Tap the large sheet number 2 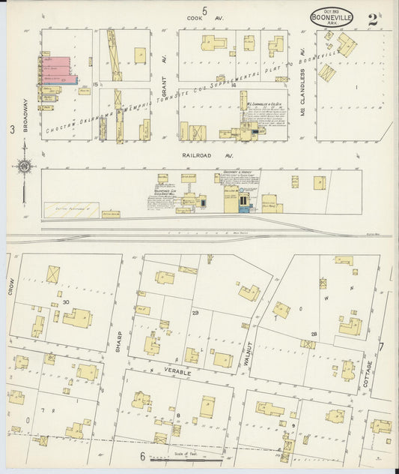372,19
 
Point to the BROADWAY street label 25,116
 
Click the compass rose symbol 25,166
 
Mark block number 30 67,301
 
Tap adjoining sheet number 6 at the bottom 141,455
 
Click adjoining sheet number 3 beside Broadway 12,130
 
